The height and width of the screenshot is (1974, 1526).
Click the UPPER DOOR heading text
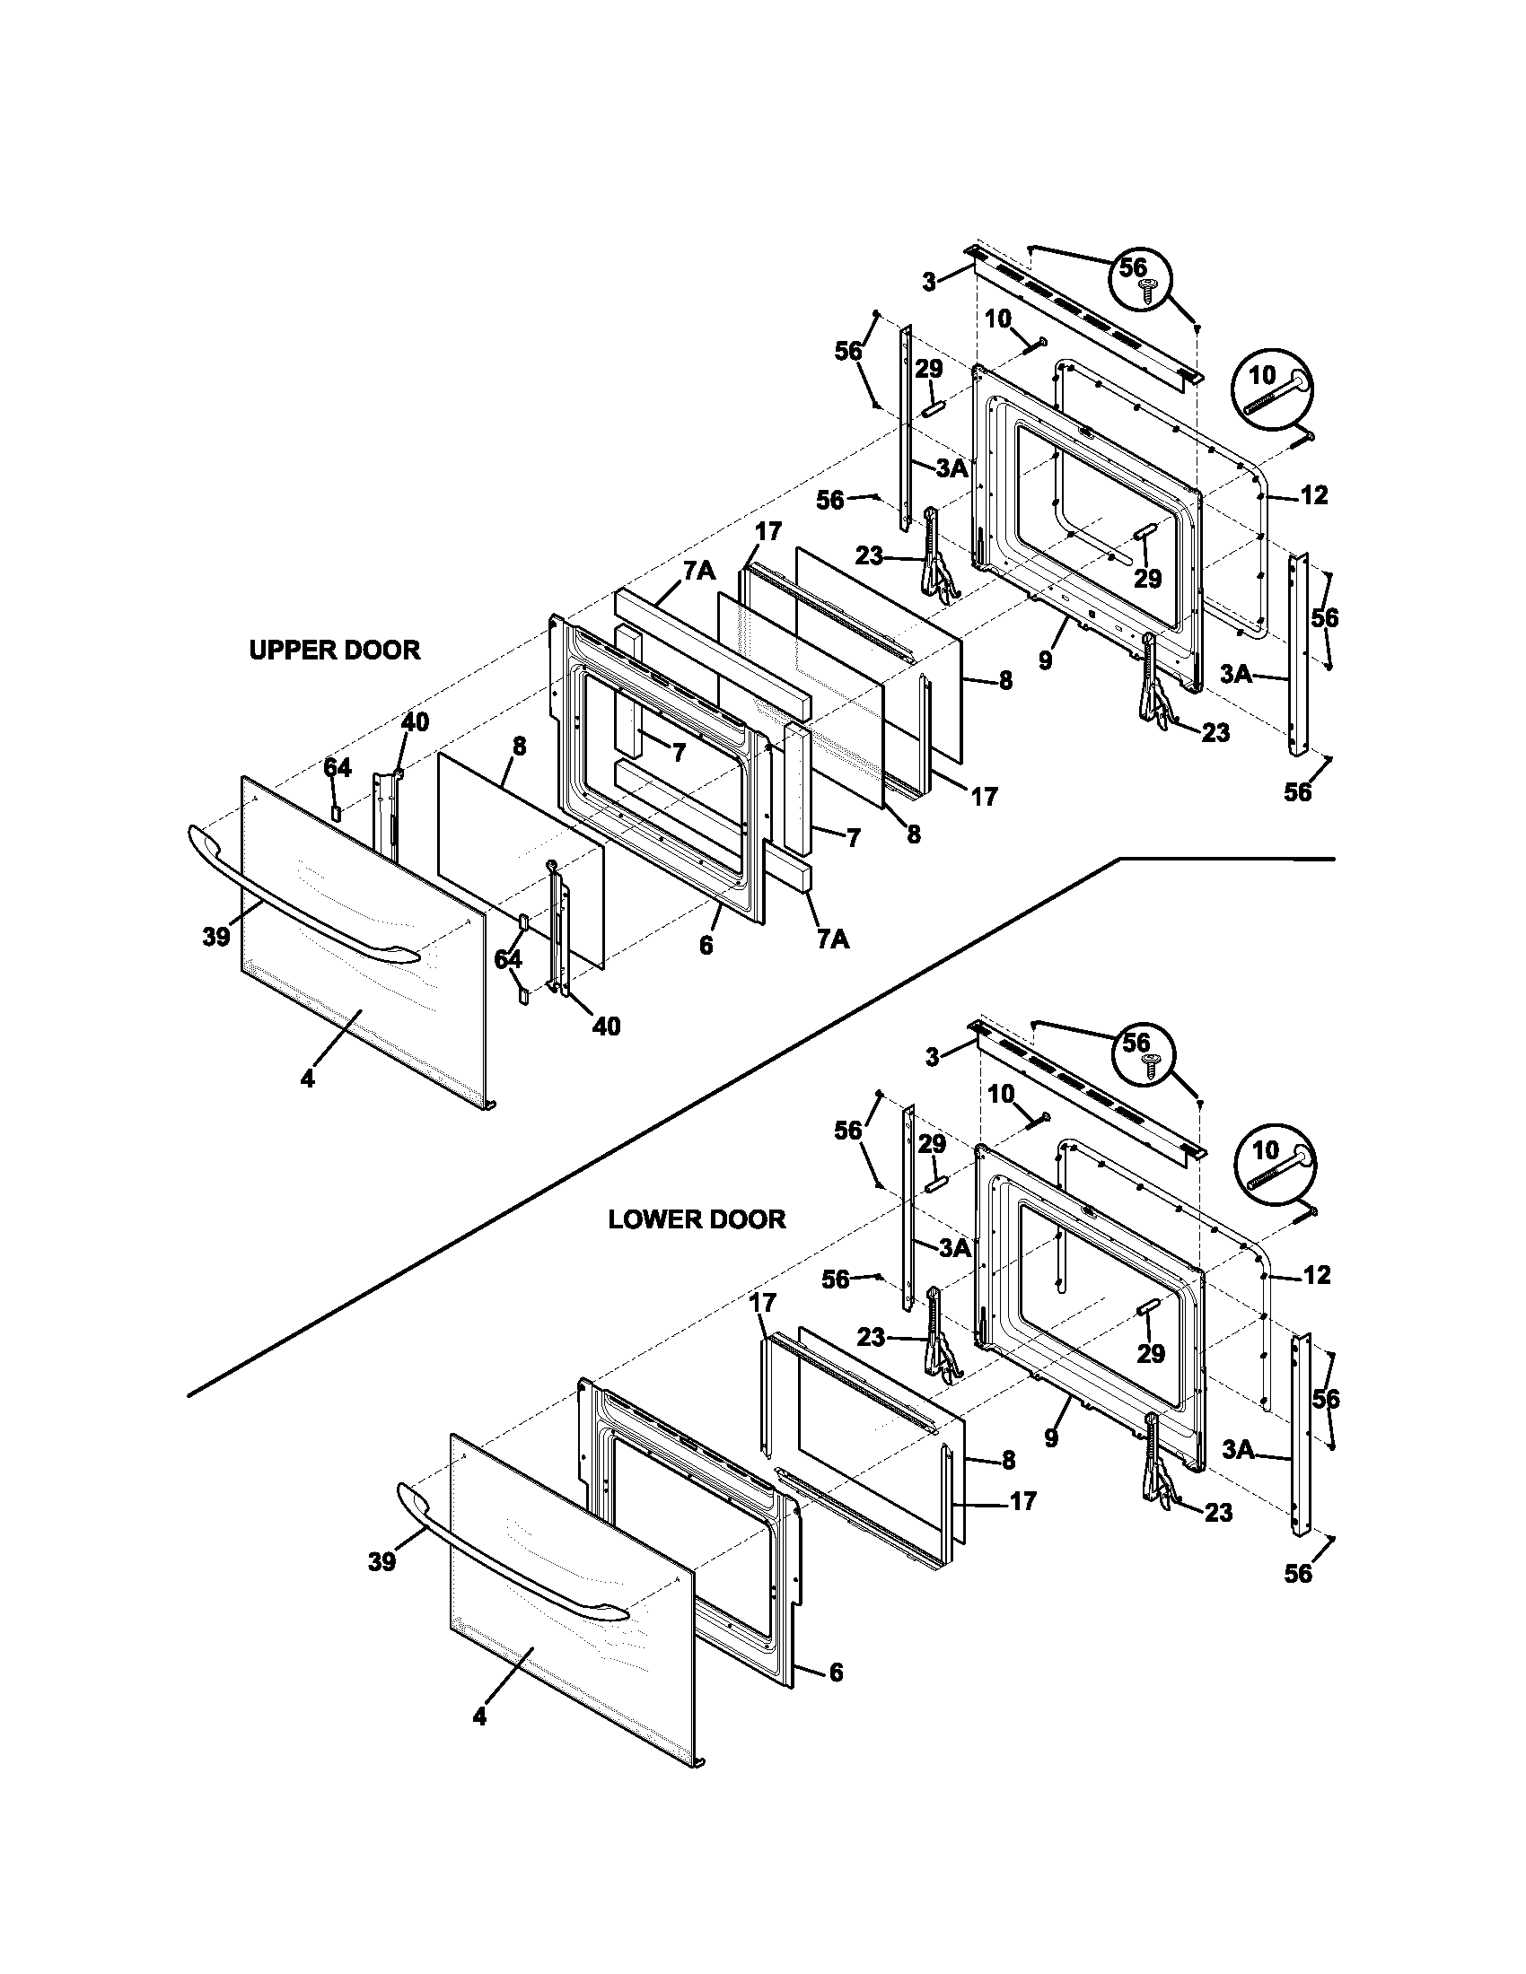tap(335, 650)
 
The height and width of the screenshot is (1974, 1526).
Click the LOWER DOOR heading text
tap(696, 1219)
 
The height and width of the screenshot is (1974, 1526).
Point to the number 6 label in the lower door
tap(836, 1673)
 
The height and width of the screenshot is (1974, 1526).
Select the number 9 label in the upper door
tap(1045, 660)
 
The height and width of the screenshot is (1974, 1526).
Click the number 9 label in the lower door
tap(1050, 1438)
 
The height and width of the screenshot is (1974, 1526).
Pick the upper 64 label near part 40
tap(338, 767)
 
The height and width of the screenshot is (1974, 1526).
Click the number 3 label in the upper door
tap(929, 281)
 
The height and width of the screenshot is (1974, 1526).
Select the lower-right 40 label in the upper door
tap(606, 1026)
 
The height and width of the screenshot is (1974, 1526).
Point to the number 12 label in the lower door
tap(1317, 1275)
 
